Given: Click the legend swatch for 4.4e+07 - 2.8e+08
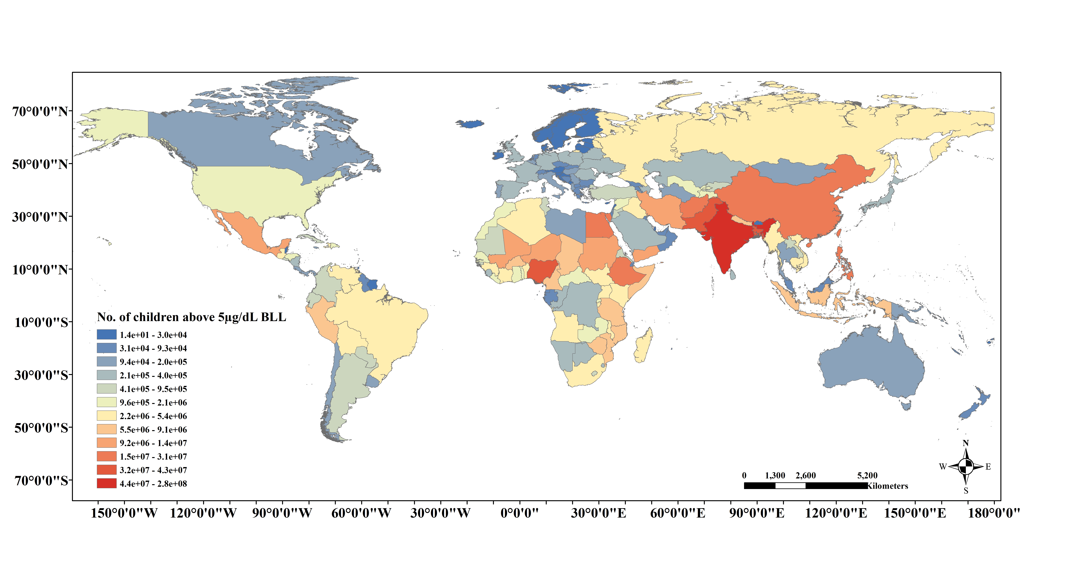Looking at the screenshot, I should point(107,483).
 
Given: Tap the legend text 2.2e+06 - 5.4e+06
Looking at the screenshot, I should point(153,416).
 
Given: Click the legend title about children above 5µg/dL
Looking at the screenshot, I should point(192,317).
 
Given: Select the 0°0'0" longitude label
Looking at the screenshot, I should point(519,513).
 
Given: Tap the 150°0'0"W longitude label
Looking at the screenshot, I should point(124,513).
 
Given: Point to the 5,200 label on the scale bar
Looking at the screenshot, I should point(867,475).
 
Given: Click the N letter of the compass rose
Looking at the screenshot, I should point(966,443).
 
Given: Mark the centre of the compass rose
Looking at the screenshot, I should point(966,466).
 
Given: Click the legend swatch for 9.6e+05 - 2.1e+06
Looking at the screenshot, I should point(107,402).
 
